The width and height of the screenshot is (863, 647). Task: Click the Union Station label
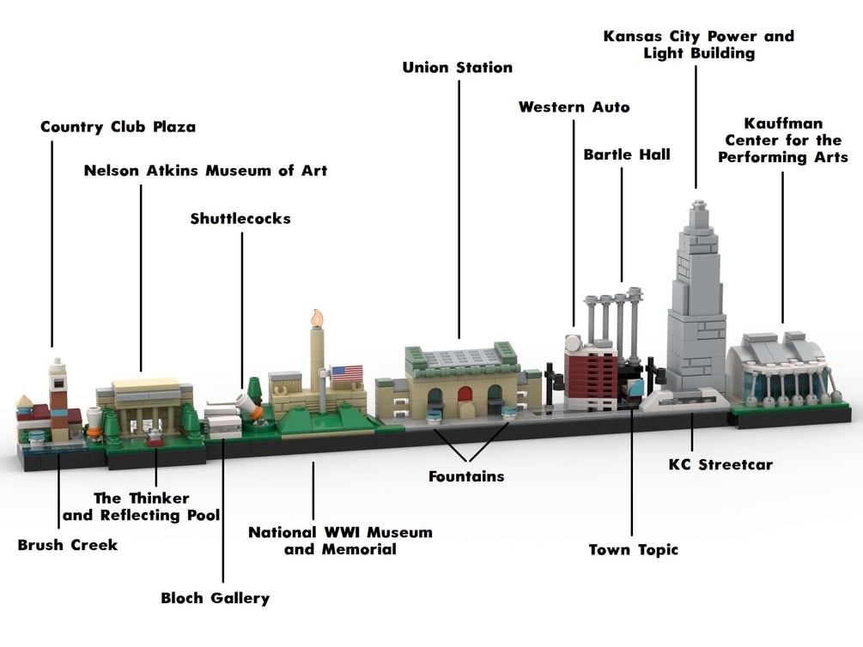click(457, 67)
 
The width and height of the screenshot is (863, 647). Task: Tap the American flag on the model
click(347, 373)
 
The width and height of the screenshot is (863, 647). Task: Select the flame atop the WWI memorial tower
click(318, 318)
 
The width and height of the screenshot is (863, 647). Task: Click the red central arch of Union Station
click(465, 396)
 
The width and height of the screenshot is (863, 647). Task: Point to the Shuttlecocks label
click(240, 219)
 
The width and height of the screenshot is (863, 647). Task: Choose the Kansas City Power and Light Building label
click(698, 45)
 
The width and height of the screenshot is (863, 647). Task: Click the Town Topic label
click(633, 549)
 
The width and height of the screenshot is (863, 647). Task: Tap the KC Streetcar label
click(720, 465)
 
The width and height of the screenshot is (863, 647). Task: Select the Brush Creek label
click(67, 545)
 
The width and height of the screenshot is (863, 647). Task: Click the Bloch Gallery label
click(216, 598)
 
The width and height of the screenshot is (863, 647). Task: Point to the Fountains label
click(466, 475)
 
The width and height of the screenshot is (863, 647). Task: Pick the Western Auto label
click(574, 107)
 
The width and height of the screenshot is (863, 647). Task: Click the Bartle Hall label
click(627, 154)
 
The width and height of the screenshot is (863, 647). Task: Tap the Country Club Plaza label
click(118, 127)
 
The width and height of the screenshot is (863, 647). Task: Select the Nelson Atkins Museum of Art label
click(205, 171)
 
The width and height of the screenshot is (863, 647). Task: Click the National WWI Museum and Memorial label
click(340, 541)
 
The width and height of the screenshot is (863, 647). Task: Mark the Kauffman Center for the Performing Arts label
click(782, 140)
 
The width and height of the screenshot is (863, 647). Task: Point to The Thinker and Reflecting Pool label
click(142, 506)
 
